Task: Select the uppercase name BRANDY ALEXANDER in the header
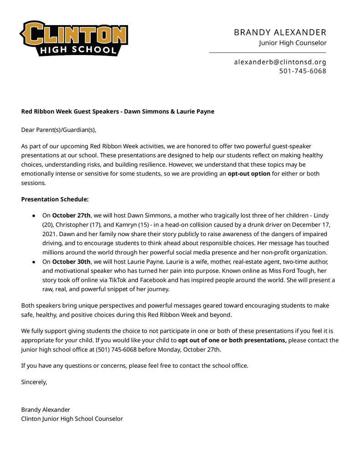[280, 32]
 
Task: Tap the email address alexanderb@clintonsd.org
[280, 62]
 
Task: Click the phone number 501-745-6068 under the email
[302, 71]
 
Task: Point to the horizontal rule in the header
[268, 53]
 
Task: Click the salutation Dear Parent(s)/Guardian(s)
[59, 130]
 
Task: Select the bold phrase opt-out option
[248, 173]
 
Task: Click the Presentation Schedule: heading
[55, 199]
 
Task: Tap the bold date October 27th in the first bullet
[71, 215]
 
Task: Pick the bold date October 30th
[71, 262]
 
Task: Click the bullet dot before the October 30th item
[34, 262]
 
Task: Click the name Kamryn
[130, 225]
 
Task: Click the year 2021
[50, 234]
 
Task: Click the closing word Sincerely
[34, 382]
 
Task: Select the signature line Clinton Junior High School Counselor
[72, 419]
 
